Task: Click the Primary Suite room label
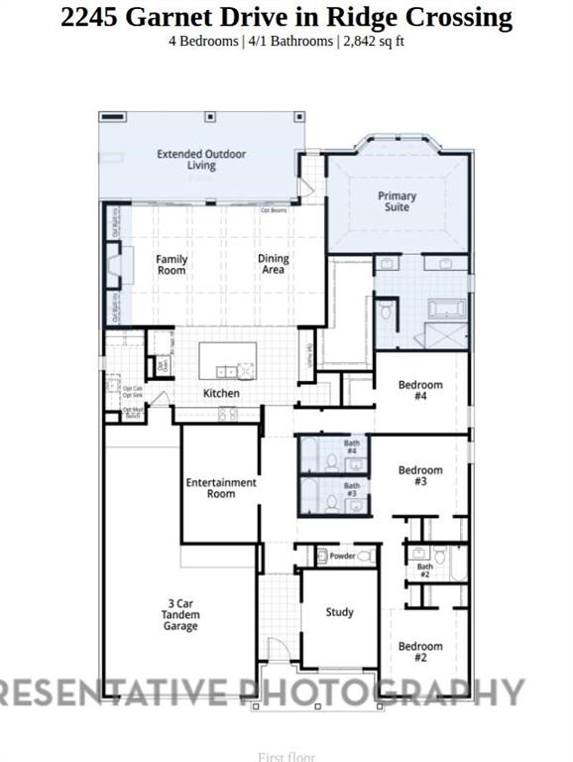397,201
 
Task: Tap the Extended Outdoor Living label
201,160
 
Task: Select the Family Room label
172,265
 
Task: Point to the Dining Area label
273,265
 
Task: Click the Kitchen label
221,394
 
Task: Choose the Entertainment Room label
221,488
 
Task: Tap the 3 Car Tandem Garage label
181,614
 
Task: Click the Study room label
339,613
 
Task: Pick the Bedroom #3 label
419,475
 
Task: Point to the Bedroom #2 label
419,652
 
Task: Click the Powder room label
342,557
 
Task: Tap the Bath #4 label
352,448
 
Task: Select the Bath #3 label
352,490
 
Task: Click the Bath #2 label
424,571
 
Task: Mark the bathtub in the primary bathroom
438,310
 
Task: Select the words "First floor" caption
286,757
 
